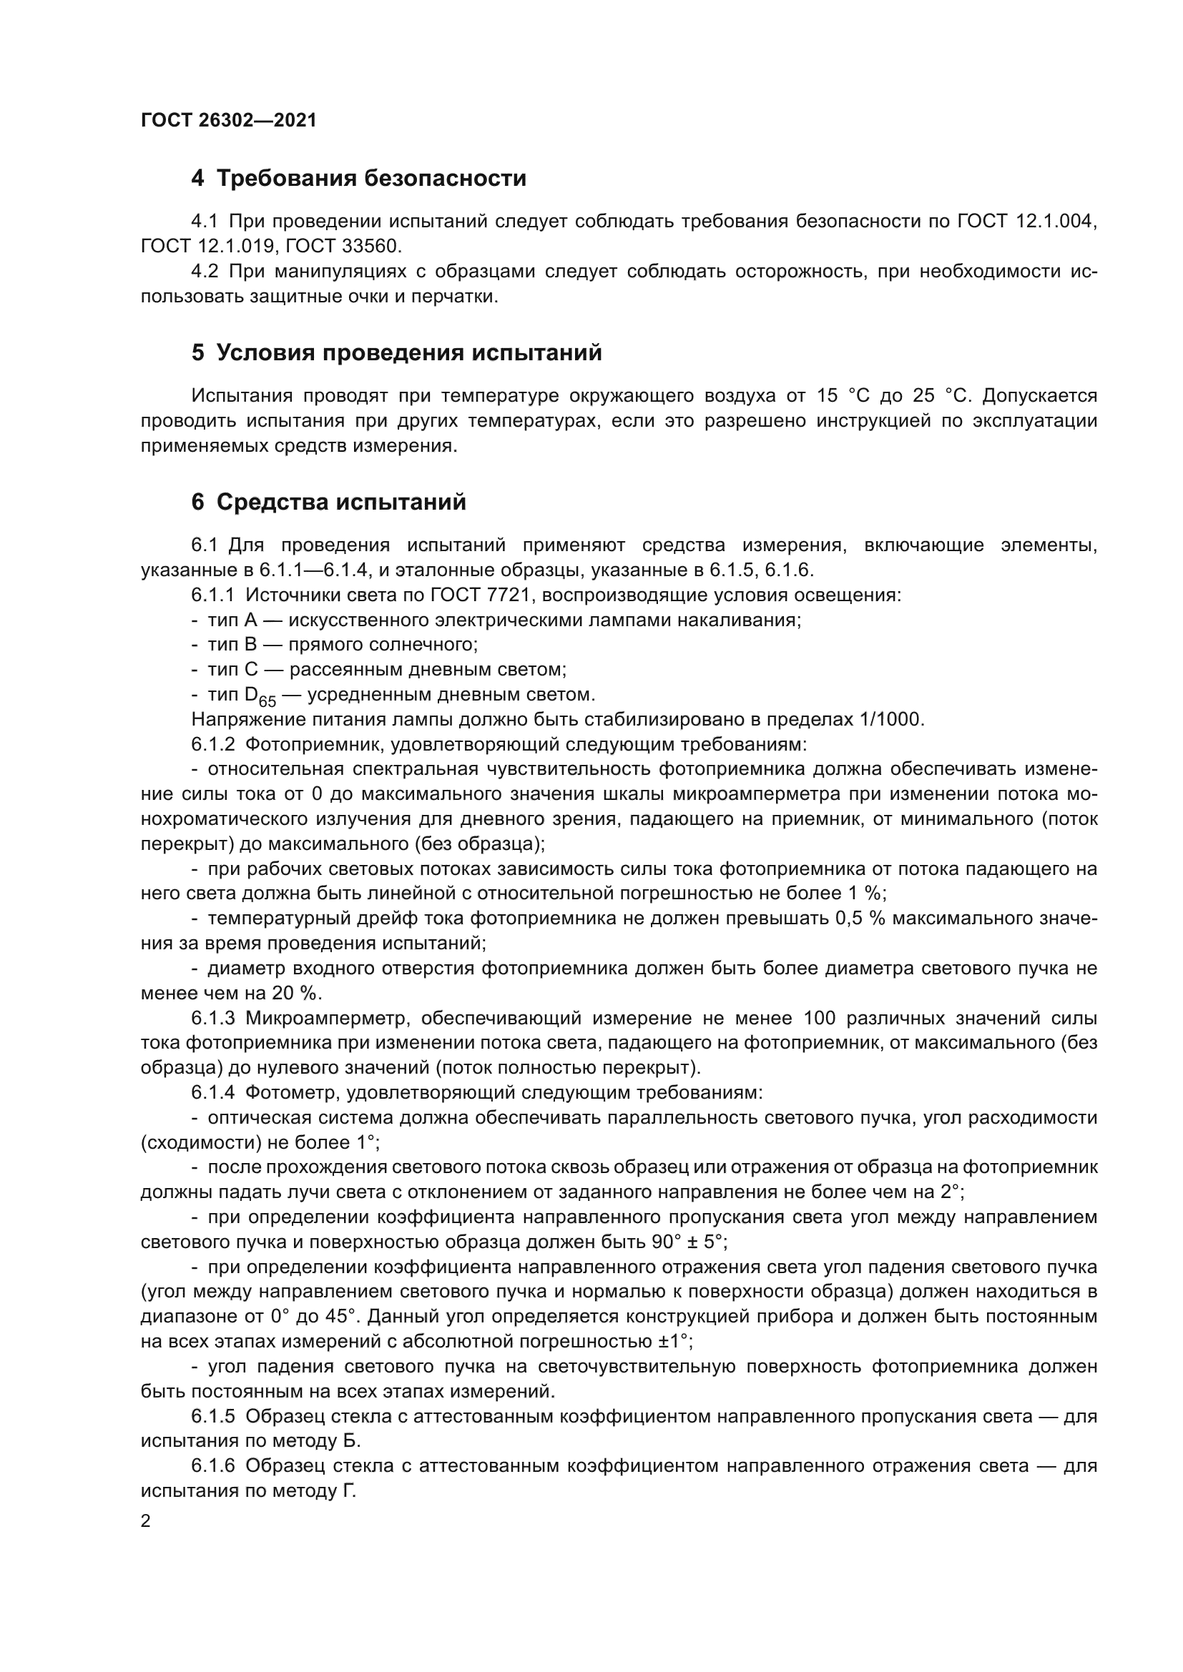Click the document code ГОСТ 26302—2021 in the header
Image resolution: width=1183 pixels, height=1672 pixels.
tap(229, 120)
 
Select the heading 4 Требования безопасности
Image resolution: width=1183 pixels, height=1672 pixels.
tap(358, 179)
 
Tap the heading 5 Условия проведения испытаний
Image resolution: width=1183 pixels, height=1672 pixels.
tap(396, 353)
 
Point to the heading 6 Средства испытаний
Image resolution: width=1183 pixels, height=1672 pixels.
tap(328, 503)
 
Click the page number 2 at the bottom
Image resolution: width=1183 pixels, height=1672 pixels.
tap(146, 1521)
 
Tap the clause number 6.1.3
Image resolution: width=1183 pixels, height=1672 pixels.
tap(213, 1018)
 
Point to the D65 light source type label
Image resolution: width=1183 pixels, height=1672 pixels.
tap(260, 696)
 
